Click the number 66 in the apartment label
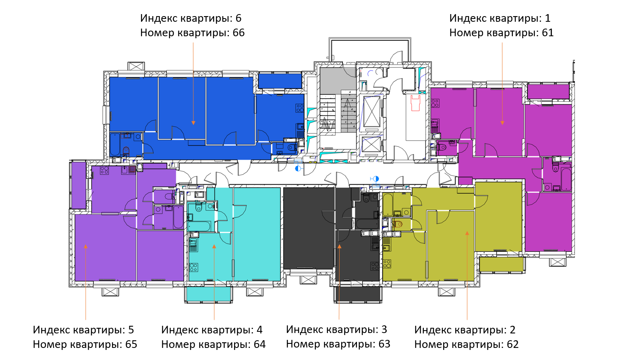pyautogui.click(x=239, y=33)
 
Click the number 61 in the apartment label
pyautogui.click(x=548, y=33)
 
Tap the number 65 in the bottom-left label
pyautogui.click(x=131, y=344)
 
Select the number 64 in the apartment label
pyautogui.click(x=259, y=344)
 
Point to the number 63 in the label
pyautogui.click(x=384, y=344)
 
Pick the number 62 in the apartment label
pyautogui.click(x=512, y=344)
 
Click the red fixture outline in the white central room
pyautogui.click(x=415, y=103)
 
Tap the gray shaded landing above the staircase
pyautogui.click(x=338, y=79)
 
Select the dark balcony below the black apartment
pyautogui.click(x=358, y=294)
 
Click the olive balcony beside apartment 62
pyautogui.click(x=501, y=264)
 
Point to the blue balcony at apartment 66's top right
pyautogui.click(x=280, y=81)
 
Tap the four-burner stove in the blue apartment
pyautogui.click(x=300, y=108)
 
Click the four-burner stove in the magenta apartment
pyautogui.click(x=435, y=103)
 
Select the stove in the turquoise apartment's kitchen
pyautogui.click(x=193, y=267)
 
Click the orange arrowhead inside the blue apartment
pyautogui.click(x=193, y=123)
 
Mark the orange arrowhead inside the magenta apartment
pyautogui.click(x=502, y=123)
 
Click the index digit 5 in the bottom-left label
pyautogui.click(x=131, y=330)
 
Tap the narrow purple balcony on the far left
pyautogui.click(x=79, y=185)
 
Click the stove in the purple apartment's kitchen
pyautogui.click(x=104, y=170)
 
